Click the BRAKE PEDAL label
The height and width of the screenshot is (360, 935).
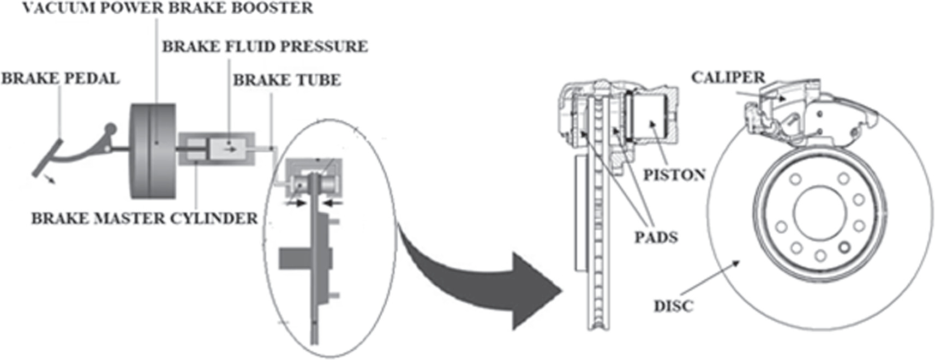pos(60,79)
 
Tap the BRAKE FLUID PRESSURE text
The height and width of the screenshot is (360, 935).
pos(265,46)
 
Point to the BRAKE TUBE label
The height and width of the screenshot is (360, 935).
pos(287,80)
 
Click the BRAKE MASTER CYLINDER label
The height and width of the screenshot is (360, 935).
pos(144,218)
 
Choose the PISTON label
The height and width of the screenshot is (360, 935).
pos(674,175)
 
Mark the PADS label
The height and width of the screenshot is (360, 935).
pos(656,237)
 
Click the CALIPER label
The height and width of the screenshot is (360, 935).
pos(728,77)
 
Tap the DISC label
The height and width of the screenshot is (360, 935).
pos(673,306)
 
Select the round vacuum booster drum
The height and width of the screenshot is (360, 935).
pos(153,150)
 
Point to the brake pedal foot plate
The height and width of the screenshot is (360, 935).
pos(47,159)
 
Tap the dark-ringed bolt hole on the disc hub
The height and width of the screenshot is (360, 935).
pos(844,248)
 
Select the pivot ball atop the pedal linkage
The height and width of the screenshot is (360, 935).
pos(111,129)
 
